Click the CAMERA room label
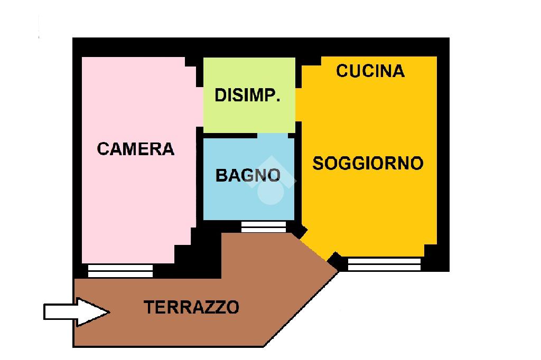click(136, 149)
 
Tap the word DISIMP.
click(247, 96)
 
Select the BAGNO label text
click(248, 175)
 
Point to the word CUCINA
click(370, 71)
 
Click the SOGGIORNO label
click(368, 163)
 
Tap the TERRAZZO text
click(192, 307)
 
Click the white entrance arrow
click(76, 311)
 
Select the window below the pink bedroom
click(120, 271)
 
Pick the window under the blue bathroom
click(264, 226)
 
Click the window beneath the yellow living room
click(384, 264)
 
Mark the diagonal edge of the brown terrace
click(301, 309)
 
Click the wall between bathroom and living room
click(298, 179)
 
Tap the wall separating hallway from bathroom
click(248, 135)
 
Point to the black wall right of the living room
click(443, 158)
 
